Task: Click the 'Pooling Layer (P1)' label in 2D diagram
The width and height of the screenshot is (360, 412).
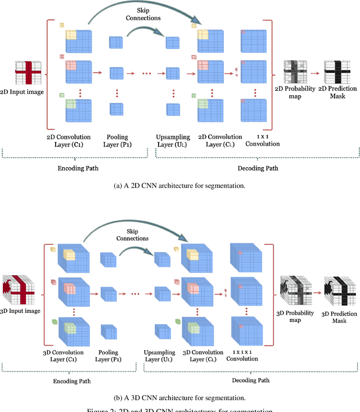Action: pos(118,140)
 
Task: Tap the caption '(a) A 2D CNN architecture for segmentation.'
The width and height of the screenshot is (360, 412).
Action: pos(180,185)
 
